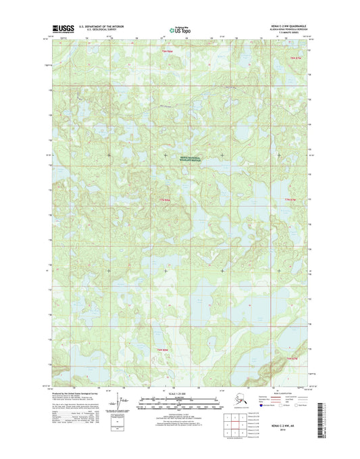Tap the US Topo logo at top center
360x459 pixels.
[x=180, y=29]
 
